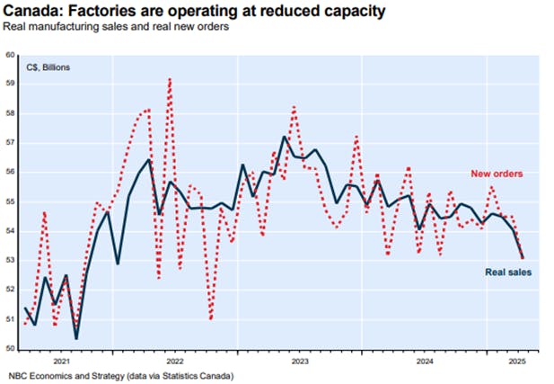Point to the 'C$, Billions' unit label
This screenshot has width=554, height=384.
point(49,67)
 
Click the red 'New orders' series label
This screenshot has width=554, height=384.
point(497,173)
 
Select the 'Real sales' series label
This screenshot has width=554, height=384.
point(509,272)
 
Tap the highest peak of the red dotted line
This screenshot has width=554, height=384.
point(170,78)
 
